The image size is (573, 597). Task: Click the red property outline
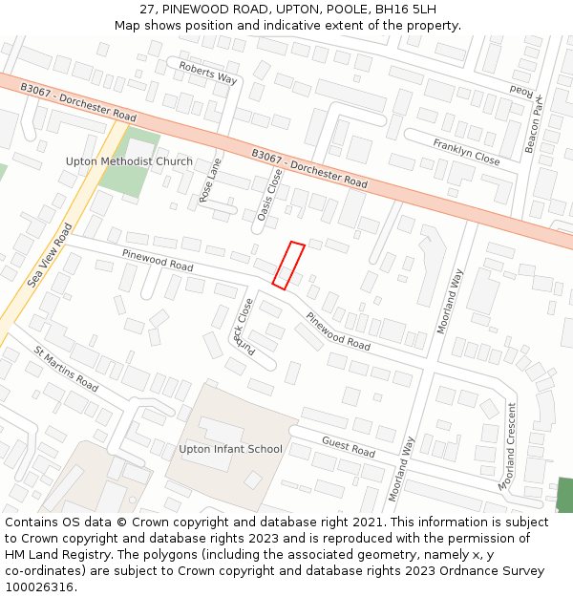pyautogui.click(x=288, y=265)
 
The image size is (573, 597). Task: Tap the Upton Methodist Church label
pyautogui.click(x=129, y=161)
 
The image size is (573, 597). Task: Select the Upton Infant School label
pyautogui.click(x=231, y=449)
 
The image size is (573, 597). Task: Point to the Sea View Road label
pyautogui.click(x=50, y=255)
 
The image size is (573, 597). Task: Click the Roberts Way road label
pyautogui.click(x=208, y=72)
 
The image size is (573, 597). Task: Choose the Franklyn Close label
pyautogui.click(x=466, y=151)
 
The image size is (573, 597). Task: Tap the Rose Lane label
pyautogui.click(x=210, y=179)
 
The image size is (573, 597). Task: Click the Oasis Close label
pyautogui.click(x=269, y=195)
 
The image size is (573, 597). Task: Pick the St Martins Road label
pyautogui.click(x=66, y=369)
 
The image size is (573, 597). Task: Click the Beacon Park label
pyautogui.click(x=532, y=123)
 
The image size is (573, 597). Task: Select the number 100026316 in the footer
pyautogui.click(x=39, y=587)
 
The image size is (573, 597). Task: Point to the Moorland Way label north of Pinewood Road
pyautogui.click(x=450, y=301)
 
